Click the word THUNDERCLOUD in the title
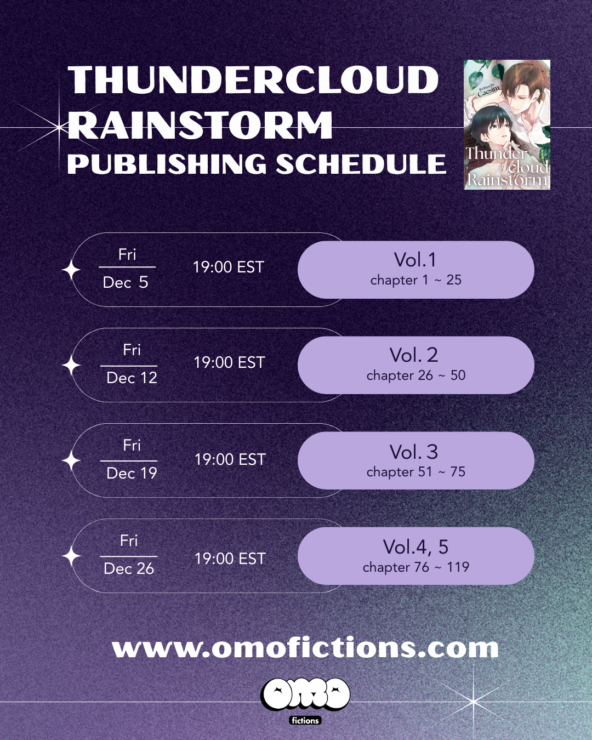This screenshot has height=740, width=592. [x=253, y=80]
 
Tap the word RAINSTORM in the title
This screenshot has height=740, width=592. [x=200, y=125]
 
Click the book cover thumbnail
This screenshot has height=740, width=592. [x=507, y=125]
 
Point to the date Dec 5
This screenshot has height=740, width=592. [x=126, y=282]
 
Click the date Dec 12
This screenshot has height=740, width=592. [x=132, y=378]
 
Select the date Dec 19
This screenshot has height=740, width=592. [x=132, y=473]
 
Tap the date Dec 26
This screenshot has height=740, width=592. [x=129, y=568]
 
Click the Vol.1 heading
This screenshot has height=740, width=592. [x=415, y=259]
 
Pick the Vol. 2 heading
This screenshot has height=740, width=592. [x=414, y=355]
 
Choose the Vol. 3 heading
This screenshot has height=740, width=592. [x=414, y=452]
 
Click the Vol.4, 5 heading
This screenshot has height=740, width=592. [x=415, y=547]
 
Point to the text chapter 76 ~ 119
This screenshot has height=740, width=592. [x=415, y=567]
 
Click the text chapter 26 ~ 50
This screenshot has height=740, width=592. [x=415, y=375]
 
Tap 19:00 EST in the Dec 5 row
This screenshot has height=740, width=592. [x=229, y=267]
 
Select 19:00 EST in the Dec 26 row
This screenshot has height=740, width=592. [x=230, y=559]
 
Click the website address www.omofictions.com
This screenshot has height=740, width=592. [x=305, y=648]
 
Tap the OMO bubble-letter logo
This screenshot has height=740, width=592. [x=305, y=694]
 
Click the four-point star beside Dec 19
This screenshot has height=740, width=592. [x=71, y=460]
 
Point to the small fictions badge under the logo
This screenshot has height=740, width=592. [x=305, y=720]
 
